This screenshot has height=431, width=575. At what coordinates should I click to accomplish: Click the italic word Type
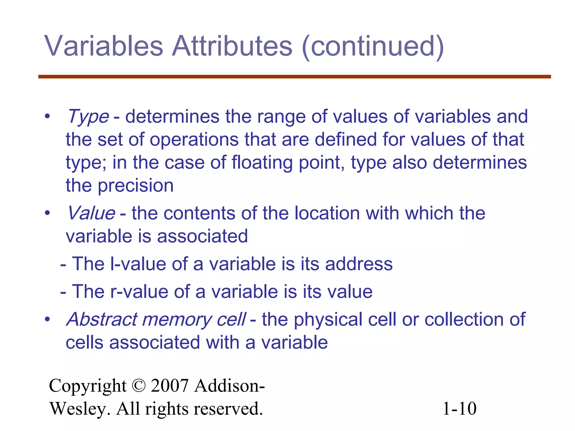pyautogui.click(x=88, y=117)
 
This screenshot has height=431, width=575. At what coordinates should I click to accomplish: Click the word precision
pyautogui.click(x=136, y=186)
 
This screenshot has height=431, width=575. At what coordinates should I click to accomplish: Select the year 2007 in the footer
pyautogui.click(x=170, y=386)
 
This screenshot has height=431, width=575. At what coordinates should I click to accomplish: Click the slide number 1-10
pyautogui.click(x=459, y=409)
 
